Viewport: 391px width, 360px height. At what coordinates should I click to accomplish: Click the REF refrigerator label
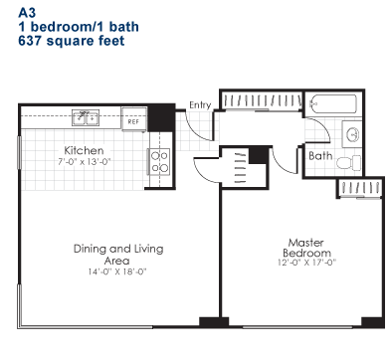(133, 122)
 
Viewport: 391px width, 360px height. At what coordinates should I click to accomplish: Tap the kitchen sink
(86, 117)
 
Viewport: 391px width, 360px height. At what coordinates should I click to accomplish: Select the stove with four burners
(159, 162)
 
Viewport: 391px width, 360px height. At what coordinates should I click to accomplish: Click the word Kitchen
(84, 150)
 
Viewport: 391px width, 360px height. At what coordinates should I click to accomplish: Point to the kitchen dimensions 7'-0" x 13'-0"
(84, 162)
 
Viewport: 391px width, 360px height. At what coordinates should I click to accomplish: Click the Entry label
(200, 104)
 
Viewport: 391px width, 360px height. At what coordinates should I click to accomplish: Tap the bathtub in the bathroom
(332, 104)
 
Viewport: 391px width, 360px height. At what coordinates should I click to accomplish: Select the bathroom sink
(352, 134)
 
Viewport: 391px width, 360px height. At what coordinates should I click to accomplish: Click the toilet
(348, 163)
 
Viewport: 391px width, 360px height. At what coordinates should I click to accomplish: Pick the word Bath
(320, 156)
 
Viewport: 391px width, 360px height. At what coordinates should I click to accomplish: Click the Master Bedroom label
(306, 248)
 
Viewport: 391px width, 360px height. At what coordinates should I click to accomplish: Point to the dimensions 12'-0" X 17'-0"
(306, 263)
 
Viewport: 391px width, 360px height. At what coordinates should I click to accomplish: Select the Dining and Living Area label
(118, 254)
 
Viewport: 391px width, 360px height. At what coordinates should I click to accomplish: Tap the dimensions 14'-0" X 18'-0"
(117, 271)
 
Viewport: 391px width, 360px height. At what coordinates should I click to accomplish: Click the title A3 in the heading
(27, 13)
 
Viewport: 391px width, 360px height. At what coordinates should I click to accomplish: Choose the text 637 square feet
(72, 41)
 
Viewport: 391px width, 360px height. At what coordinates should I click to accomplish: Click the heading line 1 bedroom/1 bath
(79, 27)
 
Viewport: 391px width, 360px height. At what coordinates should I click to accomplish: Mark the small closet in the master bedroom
(360, 188)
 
